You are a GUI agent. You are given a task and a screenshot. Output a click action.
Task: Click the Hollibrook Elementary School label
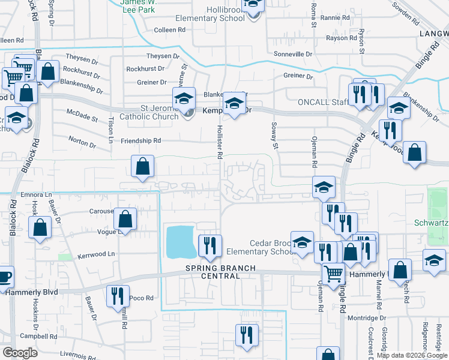click(x=210, y=14)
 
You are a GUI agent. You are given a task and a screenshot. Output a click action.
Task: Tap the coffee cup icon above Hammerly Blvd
click(x=4, y=277)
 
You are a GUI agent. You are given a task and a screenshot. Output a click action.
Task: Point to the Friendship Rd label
click(x=141, y=140)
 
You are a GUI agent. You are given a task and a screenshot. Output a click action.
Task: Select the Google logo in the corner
click(x=20, y=352)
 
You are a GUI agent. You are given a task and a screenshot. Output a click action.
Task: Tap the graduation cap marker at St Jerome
click(x=184, y=98)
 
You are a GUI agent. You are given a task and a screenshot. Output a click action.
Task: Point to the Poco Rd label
click(x=142, y=298)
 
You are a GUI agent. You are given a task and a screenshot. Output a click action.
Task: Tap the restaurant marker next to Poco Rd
click(x=117, y=296)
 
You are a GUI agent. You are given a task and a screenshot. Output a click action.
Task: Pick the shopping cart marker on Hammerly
click(x=334, y=274)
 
